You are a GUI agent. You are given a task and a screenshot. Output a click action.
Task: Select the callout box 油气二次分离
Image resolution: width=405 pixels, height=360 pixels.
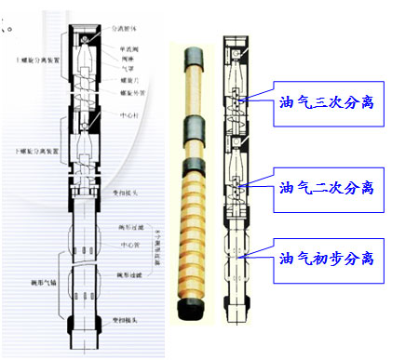(326, 187)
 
